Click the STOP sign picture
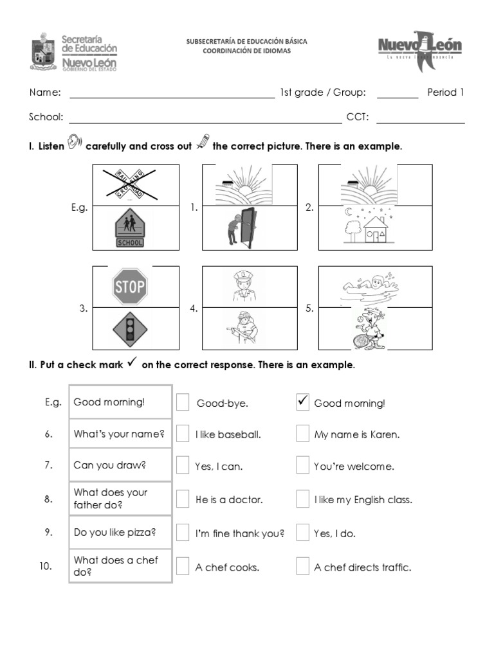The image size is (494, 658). point(130,286)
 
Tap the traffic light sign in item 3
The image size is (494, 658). point(130,329)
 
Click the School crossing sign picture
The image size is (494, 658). point(130,230)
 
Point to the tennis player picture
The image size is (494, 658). point(365,327)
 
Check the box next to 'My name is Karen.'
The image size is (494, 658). point(303,434)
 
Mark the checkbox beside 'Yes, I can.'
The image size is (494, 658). point(183,465)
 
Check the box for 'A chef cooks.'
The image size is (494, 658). point(183,566)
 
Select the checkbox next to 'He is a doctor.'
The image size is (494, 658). point(183,499)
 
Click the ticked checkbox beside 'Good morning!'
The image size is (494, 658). point(303,402)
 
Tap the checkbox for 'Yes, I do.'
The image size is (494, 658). point(303,533)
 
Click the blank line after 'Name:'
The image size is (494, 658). point(172,96)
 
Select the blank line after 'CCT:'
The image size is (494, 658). point(420,121)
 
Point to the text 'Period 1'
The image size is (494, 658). point(445,93)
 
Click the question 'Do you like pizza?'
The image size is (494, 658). point(115,533)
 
